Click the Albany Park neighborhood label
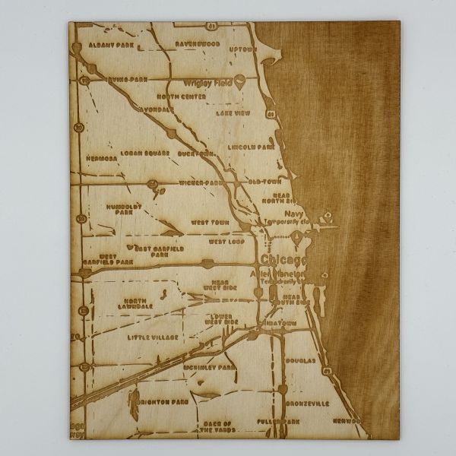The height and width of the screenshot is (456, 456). (111, 46)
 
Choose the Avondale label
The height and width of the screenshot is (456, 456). (159, 108)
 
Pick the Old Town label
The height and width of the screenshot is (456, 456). (265, 183)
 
